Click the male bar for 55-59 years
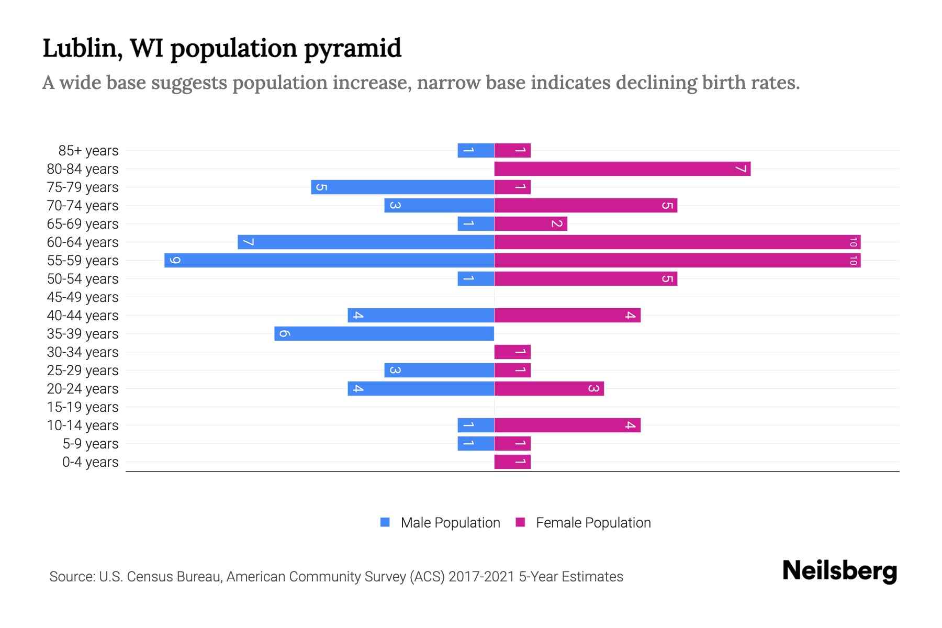coord(329,260)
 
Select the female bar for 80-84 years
coord(622,169)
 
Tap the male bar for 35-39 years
coord(384,333)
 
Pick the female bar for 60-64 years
coord(677,242)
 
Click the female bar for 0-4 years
coord(512,462)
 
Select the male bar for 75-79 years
coord(402,187)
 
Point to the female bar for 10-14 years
coord(567,425)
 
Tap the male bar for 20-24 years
coord(421,388)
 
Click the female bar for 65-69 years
coord(531,223)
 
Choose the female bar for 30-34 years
coord(512,352)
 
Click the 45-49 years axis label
coord(83,297)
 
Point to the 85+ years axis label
coord(88,151)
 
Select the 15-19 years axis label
coord(83,407)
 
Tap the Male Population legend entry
coord(450,523)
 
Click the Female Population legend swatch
coord(520,522)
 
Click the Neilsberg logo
coord(839,571)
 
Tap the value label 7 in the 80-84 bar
coord(740,169)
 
